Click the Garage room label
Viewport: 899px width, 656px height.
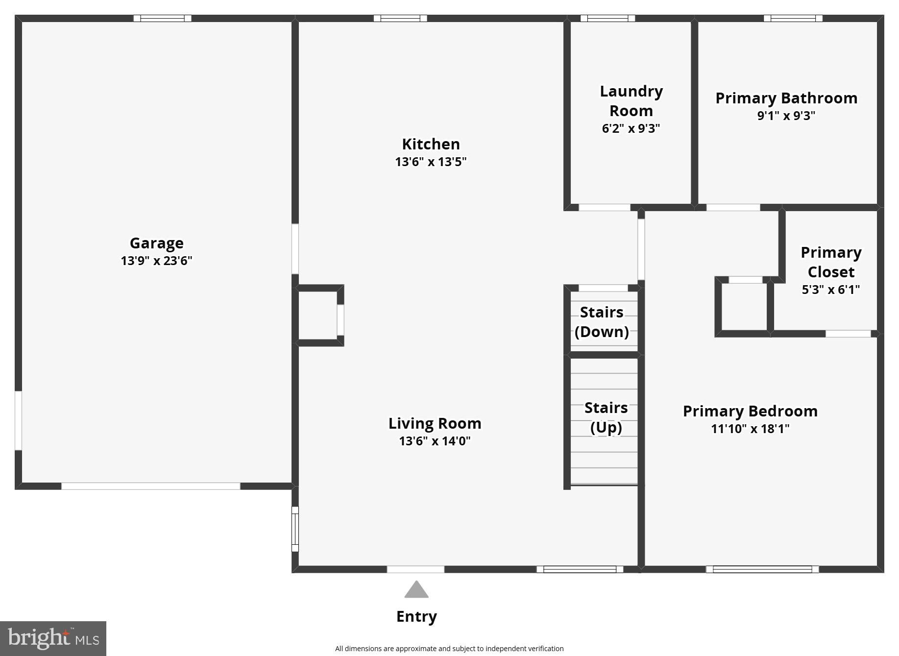pos(156,243)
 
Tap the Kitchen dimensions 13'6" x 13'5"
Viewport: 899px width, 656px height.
pos(431,162)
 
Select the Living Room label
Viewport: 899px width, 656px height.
pos(435,423)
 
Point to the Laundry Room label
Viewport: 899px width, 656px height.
pos(631,101)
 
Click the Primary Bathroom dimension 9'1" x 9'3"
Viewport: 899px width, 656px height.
pos(786,116)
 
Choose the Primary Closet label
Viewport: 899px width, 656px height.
pos(831,262)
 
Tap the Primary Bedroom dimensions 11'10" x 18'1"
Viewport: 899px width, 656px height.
pos(750,429)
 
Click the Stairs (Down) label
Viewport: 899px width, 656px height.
pos(602,322)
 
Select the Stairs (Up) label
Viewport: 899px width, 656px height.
pos(606,417)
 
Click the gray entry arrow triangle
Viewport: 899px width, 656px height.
pos(416,590)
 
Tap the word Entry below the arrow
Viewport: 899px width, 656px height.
pos(416,616)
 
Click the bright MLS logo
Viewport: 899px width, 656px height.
pos(53,638)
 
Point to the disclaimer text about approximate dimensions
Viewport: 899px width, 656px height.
pos(449,649)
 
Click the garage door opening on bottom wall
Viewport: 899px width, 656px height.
pos(150,486)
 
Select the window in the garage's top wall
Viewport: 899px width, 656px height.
pos(162,19)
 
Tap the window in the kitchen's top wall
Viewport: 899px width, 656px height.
pos(400,19)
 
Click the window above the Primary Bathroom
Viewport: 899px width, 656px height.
pos(793,19)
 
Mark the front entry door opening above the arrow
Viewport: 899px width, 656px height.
pos(415,569)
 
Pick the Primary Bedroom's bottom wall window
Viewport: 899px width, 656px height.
pos(762,569)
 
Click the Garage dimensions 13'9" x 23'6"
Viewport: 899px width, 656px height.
pos(156,261)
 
